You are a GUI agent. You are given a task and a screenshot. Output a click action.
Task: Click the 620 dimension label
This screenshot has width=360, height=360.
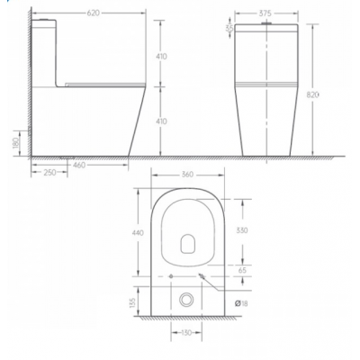pos(94,13)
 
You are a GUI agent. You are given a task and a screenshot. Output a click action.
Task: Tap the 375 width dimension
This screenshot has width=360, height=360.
pos(265,13)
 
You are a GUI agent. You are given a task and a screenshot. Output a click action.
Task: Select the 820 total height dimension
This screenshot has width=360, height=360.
pos(312,94)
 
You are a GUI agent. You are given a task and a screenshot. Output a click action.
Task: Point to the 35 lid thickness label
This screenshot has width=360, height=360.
pos(229,28)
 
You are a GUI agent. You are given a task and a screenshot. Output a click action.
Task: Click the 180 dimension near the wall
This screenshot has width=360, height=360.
pos(16,143)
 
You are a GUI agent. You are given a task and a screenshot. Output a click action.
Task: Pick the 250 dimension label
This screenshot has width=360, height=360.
pos(49,172)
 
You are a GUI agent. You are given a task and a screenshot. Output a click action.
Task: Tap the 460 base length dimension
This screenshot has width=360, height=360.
pos(79,165)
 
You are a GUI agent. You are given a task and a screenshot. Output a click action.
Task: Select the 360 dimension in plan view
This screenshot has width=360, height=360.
pos(187,175)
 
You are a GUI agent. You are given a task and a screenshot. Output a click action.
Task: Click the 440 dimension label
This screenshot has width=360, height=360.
pos(139,233)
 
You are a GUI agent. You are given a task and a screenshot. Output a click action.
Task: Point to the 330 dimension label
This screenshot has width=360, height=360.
pos(242,230)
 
